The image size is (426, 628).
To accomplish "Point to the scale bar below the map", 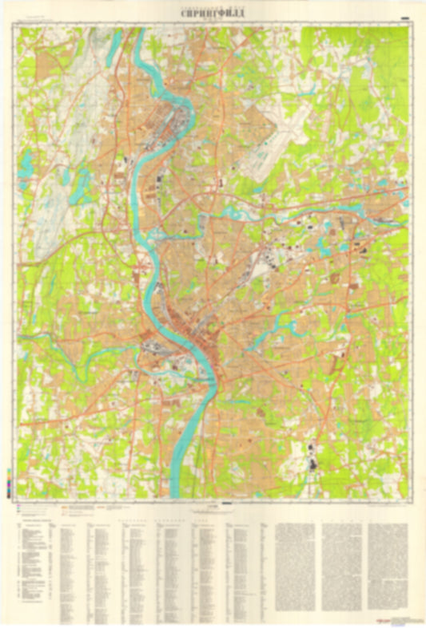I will pos(213,507).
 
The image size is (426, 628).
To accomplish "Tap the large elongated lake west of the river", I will pos(81,187).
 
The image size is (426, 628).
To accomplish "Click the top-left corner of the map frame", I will pos(18,26).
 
